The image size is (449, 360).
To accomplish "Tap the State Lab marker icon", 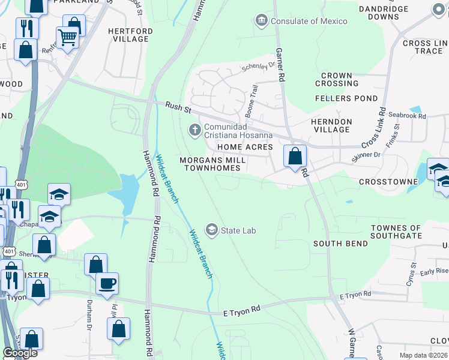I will click(211, 229).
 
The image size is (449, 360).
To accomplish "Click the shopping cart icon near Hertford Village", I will click(67, 37).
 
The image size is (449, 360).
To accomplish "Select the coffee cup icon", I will click(107, 283).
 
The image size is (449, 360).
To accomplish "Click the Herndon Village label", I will click(331, 125).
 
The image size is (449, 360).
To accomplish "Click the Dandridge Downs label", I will click(384, 13).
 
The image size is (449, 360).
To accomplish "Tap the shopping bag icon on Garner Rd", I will click(295, 157).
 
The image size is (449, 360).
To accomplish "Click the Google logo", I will click(20, 353).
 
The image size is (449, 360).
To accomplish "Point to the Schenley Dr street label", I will click(258, 66).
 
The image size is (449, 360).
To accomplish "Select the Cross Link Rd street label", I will click(374, 127).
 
